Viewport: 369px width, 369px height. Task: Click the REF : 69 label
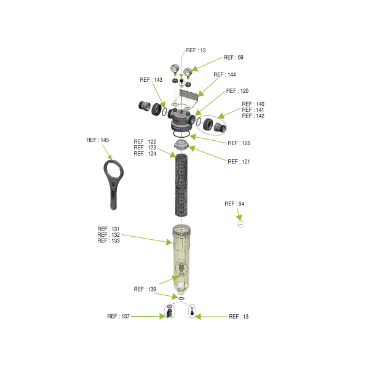(233, 57)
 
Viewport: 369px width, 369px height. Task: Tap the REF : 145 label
(97, 140)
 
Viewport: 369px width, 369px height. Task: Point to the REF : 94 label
(235, 204)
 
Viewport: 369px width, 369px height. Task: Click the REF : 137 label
(118, 316)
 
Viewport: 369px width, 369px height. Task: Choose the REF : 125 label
(239, 143)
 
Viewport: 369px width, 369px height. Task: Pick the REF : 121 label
(239, 162)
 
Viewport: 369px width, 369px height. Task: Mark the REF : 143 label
(151, 80)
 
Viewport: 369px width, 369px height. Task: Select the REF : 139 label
(145, 289)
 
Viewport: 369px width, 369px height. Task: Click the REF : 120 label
(237, 90)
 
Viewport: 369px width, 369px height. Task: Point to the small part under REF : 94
(242, 224)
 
